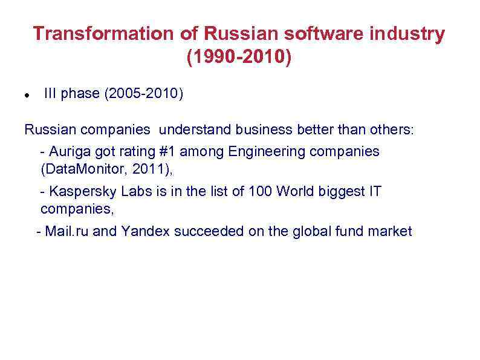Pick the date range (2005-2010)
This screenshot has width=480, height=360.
click(144, 94)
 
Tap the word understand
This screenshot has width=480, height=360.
click(196, 130)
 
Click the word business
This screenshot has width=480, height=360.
click(262, 130)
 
